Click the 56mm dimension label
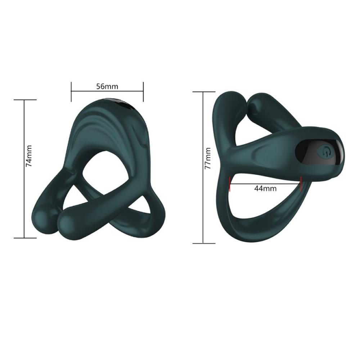click(107, 86)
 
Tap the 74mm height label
click(29, 156)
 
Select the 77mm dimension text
click(208, 158)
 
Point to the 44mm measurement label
click(265, 189)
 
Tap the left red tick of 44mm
click(230, 184)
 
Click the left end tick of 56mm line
click(71, 91)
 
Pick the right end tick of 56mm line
click(143, 91)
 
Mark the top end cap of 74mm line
click(25, 100)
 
